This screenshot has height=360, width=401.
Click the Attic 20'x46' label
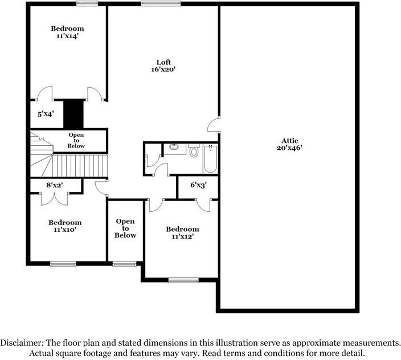click(289, 144)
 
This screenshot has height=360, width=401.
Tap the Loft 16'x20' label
click(164, 66)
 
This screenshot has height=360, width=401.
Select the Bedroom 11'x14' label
click(67, 32)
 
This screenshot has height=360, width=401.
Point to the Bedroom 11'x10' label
click(64, 226)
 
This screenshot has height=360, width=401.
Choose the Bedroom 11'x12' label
click(182, 233)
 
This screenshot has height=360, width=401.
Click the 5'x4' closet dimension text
click(45, 114)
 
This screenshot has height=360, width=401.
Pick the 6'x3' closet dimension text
click(198, 185)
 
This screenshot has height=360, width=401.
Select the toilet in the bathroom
click(194, 152)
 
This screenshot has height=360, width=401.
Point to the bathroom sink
click(174, 148)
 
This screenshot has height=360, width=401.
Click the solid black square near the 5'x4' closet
click(73, 114)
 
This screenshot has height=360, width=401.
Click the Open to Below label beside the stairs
click(76, 141)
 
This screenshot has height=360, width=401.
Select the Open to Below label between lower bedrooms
click(125, 228)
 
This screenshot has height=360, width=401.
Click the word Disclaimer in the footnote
click(21, 343)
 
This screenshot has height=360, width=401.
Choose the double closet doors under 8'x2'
click(54, 197)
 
